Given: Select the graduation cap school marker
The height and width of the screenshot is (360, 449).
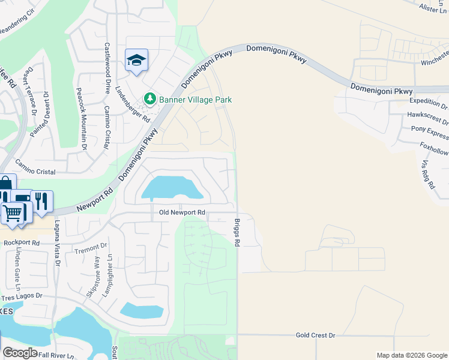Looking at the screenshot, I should pyautogui.click(x=137, y=61).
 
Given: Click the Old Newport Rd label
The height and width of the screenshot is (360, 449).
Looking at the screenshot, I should pyautogui.click(x=182, y=212).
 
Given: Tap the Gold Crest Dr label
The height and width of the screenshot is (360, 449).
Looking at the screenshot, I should pyautogui.click(x=315, y=335).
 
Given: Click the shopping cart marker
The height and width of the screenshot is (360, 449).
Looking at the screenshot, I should pyautogui.click(x=13, y=212).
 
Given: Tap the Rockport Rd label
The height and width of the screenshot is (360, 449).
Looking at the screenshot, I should pyautogui.click(x=20, y=243).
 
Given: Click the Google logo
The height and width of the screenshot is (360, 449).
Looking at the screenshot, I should pyautogui.click(x=20, y=353).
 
